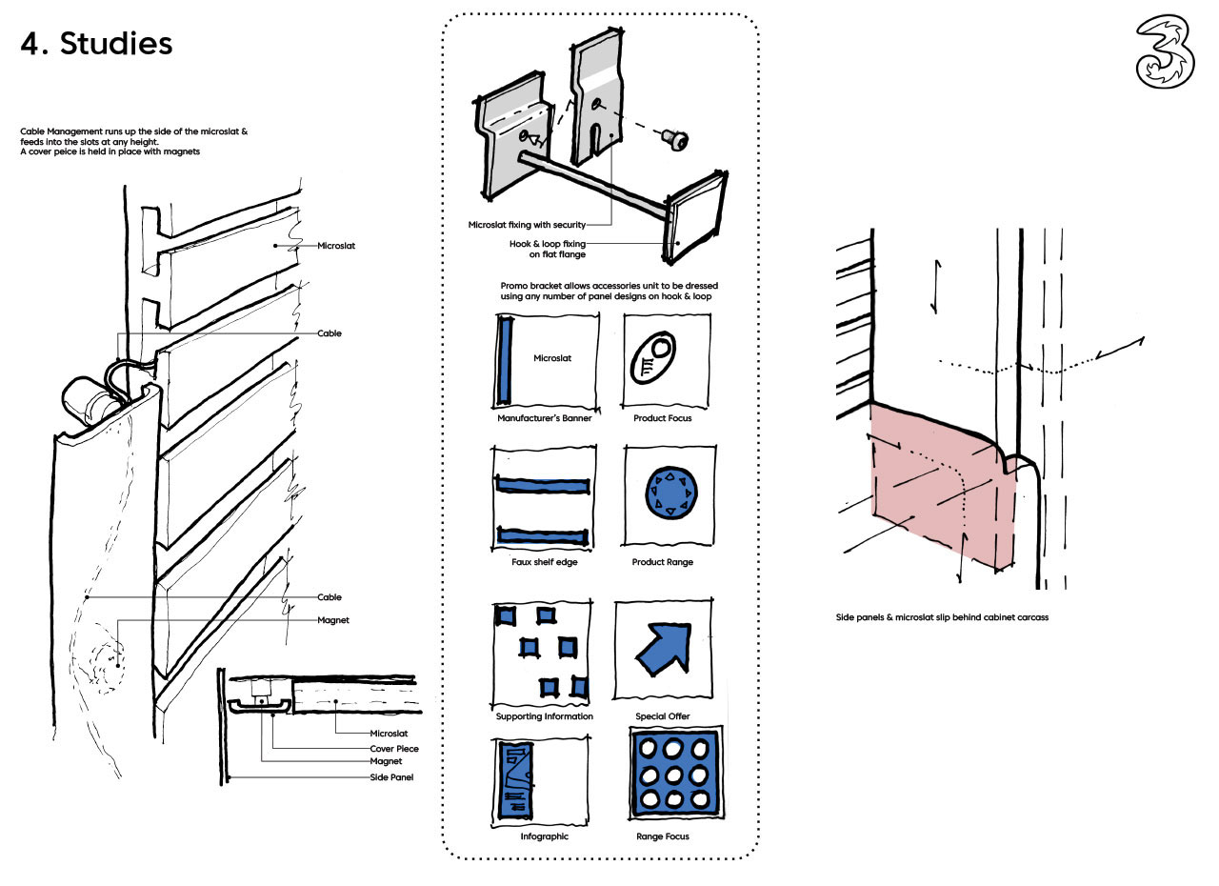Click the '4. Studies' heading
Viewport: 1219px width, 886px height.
pos(96,44)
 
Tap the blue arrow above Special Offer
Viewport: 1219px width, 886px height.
pos(663,649)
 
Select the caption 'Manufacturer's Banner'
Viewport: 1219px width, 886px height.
pos(544,418)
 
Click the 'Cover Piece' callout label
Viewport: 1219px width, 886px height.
pos(394,748)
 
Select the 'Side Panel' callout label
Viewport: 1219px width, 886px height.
pos(391,776)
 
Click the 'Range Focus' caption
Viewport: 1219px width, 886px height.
pos(663,836)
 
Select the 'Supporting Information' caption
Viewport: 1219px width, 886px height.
pos(544,716)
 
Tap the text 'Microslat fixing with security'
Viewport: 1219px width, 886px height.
pos(526,225)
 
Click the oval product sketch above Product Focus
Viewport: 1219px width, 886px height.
pos(652,359)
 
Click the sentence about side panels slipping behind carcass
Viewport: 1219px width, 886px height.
pos(941,617)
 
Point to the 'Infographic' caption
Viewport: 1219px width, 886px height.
pos(544,836)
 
